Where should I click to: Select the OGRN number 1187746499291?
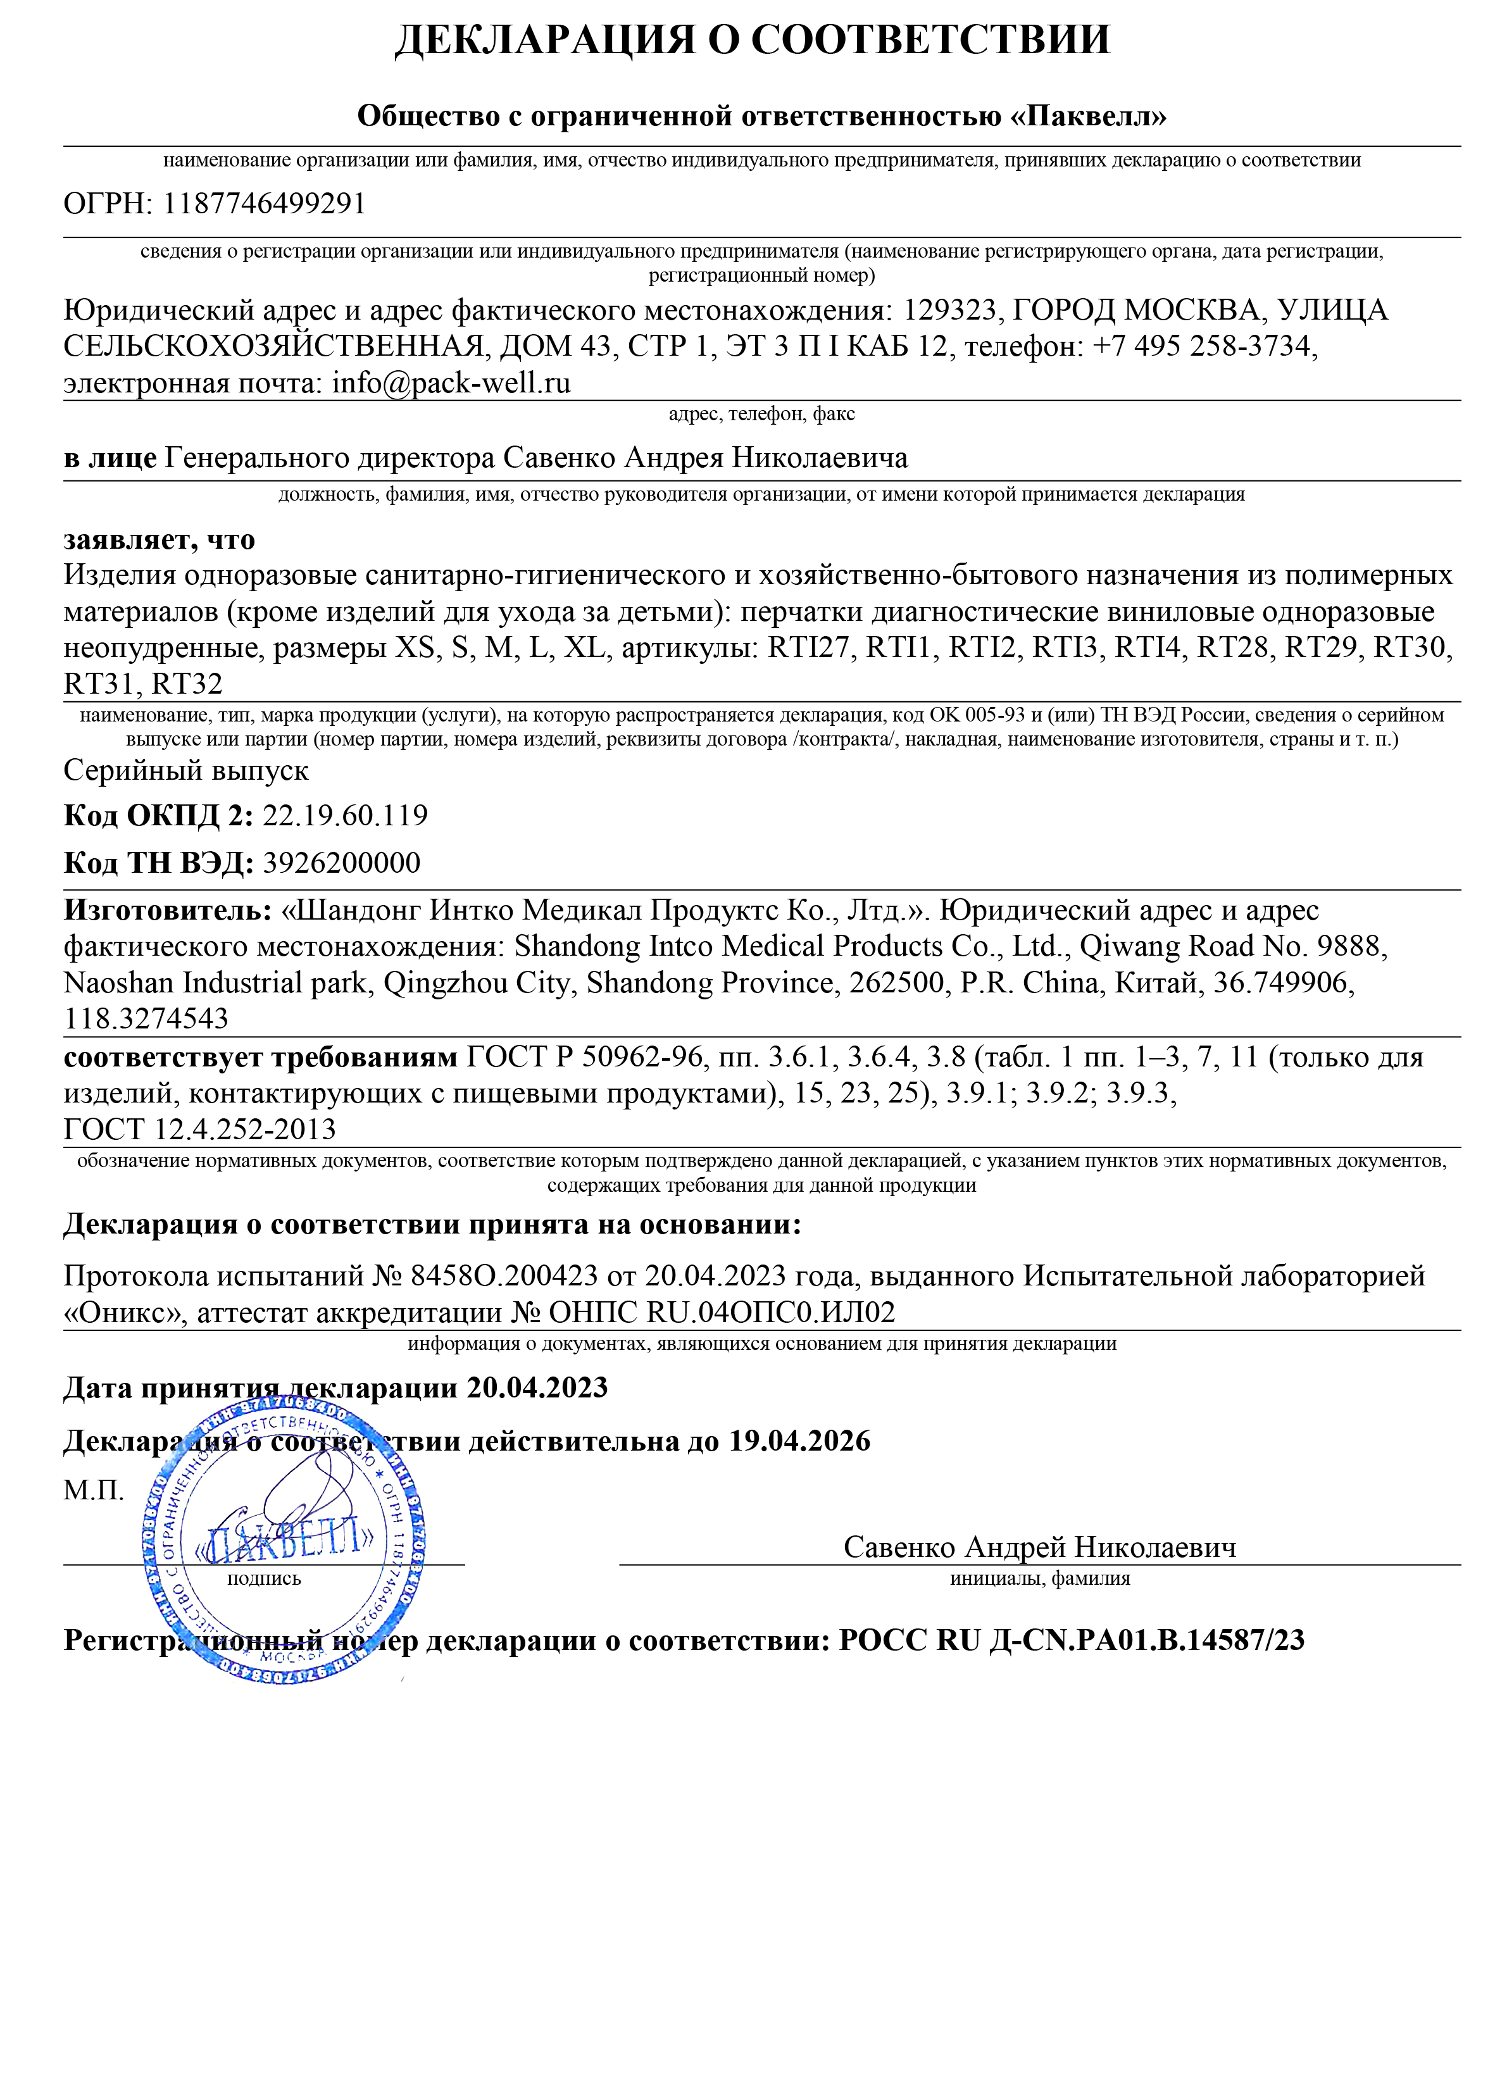[x=264, y=203]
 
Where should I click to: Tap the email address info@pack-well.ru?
[x=451, y=383]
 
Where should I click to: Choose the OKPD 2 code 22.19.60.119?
[x=345, y=815]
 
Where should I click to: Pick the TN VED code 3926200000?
[x=342, y=863]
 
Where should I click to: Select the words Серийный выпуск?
[x=186, y=770]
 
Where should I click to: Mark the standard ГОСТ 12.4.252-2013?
[x=200, y=1129]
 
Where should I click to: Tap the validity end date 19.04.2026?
[x=799, y=1440]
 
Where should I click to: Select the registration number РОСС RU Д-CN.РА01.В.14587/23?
[x=1072, y=1640]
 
